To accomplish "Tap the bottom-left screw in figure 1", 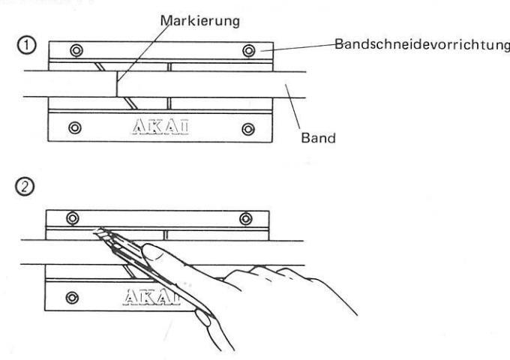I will coord(73,127).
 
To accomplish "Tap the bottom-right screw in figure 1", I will coord(247,127).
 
